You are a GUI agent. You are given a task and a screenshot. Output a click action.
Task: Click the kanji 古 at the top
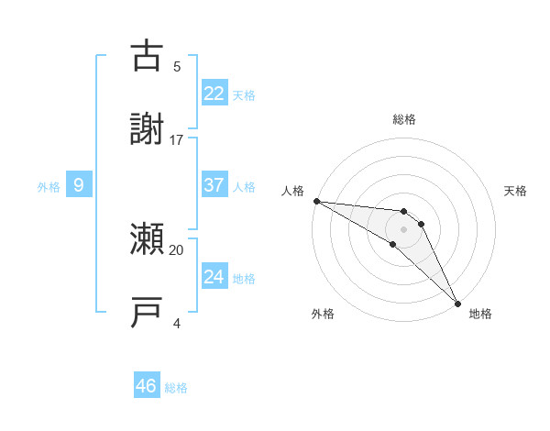[148, 56]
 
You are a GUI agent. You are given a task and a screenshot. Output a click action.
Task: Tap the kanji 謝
[148, 129]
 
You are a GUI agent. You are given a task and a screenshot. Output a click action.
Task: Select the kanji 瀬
[148, 240]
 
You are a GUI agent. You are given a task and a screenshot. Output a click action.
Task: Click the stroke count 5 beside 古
[177, 66]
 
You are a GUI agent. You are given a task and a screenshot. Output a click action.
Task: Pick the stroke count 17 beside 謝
[177, 139]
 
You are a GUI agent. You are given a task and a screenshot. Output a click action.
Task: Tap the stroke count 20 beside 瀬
[177, 249]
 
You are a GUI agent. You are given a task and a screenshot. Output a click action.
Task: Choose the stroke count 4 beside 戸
[177, 323]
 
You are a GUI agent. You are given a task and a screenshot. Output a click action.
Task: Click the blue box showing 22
[214, 93]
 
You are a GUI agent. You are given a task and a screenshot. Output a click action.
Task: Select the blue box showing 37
[214, 185]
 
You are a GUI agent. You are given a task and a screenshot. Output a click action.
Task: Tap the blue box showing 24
[214, 277]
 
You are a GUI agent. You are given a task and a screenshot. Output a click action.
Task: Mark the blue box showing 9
[79, 185]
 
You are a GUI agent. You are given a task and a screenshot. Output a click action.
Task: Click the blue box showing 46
[147, 386]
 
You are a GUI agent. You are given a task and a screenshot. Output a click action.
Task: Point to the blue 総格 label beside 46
[176, 388]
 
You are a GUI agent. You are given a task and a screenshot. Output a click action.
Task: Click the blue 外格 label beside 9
[49, 186]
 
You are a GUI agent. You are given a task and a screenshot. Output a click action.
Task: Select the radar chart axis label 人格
[292, 191]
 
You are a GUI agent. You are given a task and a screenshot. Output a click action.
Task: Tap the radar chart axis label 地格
[480, 314]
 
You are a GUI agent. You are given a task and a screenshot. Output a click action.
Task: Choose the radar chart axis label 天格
[516, 191]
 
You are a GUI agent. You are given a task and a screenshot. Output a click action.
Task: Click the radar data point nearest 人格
[316, 201]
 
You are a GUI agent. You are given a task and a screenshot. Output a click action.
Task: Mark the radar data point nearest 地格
[457, 303]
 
